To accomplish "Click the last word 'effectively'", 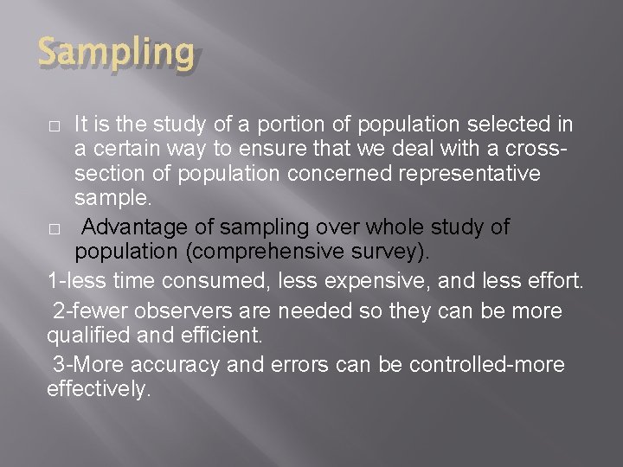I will click(97, 389).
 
